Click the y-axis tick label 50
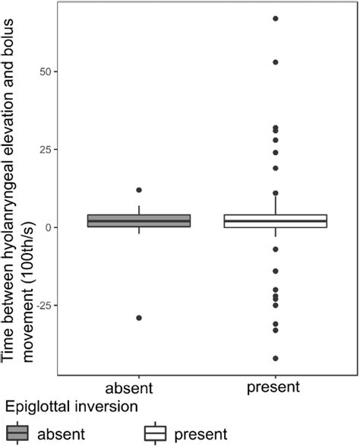tap(45, 71)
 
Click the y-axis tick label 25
tap(45, 150)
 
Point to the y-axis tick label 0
tap(49, 227)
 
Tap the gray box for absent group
tap(138, 220)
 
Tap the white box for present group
tap(276, 220)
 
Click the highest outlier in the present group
tap(276, 18)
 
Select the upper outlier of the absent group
tap(138, 190)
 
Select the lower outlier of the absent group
tap(138, 318)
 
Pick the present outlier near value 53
tap(276, 62)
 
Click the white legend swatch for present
tap(156, 434)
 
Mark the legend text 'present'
tap(201, 434)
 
